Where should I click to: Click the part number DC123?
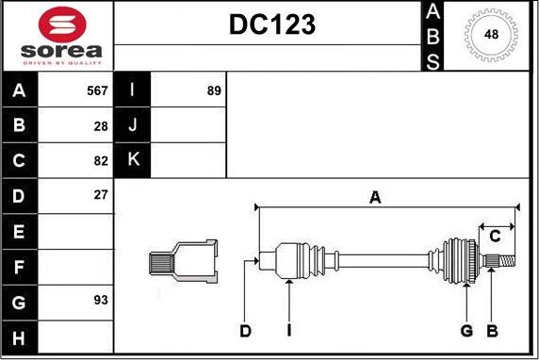pyautogui.click(x=272, y=26)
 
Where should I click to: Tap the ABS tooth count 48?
pyautogui.click(x=492, y=35)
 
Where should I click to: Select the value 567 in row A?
pyautogui.click(x=97, y=90)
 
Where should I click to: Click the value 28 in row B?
pyautogui.click(x=101, y=125)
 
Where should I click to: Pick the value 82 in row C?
pyautogui.click(x=101, y=160)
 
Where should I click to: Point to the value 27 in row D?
pyautogui.click(x=101, y=195)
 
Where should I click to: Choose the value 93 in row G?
pyautogui.click(x=101, y=300)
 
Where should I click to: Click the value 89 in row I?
pyautogui.click(x=213, y=90)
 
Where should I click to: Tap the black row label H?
pyautogui.click(x=20, y=335)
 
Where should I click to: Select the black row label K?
pyautogui.click(x=133, y=160)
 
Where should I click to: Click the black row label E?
pyautogui.click(x=20, y=231)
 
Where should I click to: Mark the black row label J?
pyautogui.click(x=133, y=125)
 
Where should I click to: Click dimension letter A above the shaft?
pyautogui.click(x=375, y=197)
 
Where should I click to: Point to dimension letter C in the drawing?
pyautogui.click(x=494, y=236)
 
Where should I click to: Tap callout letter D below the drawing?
pyautogui.click(x=245, y=331)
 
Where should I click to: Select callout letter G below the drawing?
pyautogui.click(x=466, y=331)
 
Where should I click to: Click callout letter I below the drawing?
pyautogui.click(x=289, y=331)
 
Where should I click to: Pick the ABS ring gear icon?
pyautogui.click(x=492, y=35)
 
